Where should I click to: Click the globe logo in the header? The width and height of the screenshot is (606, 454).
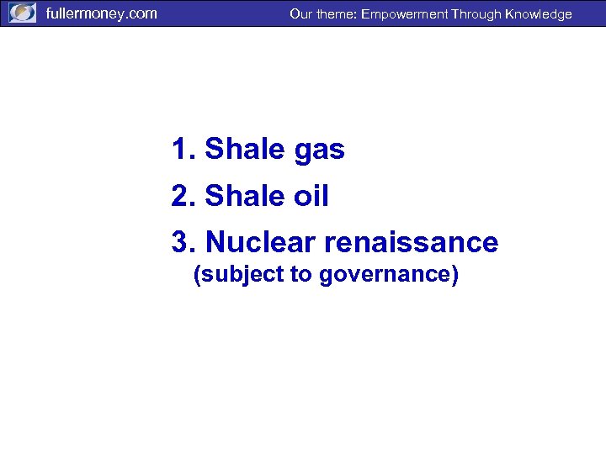(x=22, y=13)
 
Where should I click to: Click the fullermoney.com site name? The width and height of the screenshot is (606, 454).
(x=101, y=13)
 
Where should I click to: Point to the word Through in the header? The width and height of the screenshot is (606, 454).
(x=475, y=14)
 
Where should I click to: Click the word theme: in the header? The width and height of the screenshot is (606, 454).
(x=336, y=14)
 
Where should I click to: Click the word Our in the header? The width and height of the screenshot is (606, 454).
(x=300, y=14)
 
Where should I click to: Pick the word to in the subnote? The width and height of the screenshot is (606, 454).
(x=300, y=276)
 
